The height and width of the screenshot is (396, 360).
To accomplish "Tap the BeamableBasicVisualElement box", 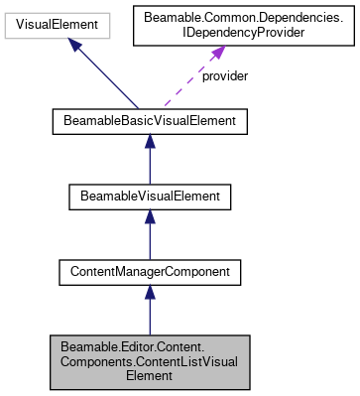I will (x=149, y=122).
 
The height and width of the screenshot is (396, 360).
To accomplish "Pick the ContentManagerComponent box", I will (x=149, y=269).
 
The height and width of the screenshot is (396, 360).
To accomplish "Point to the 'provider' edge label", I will (x=223, y=76).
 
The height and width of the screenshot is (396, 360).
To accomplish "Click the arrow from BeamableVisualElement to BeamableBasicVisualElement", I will (x=149, y=159).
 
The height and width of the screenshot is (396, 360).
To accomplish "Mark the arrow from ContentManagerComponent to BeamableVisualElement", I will (x=149, y=232).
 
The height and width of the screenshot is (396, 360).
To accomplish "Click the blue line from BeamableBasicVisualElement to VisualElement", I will (x=109, y=78).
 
